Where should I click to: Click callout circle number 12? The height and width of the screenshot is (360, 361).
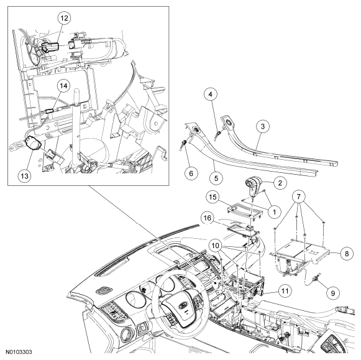coord(64,18)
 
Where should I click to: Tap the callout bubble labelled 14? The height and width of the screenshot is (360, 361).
coord(63,86)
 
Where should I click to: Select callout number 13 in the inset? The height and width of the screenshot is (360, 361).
coord(25,176)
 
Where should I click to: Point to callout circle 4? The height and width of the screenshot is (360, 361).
coord(211,95)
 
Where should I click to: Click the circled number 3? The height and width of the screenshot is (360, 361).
coord(263,126)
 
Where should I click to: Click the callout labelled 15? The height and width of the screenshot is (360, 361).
coord(212,197)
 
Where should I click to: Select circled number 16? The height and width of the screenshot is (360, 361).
coord(208,218)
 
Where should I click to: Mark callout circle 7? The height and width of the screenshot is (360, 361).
coord(299,196)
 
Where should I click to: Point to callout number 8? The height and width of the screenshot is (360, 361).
coord(347,254)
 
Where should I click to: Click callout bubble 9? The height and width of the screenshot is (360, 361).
coord(333,293)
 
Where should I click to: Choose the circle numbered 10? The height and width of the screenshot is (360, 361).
coord(215,246)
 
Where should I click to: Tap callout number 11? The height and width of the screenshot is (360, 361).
coord(285,291)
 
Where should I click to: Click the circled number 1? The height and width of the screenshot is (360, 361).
coord(274,211)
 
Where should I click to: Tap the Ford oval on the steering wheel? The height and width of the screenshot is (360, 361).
coord(183,307)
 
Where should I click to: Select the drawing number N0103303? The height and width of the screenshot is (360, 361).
coord(19,352)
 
